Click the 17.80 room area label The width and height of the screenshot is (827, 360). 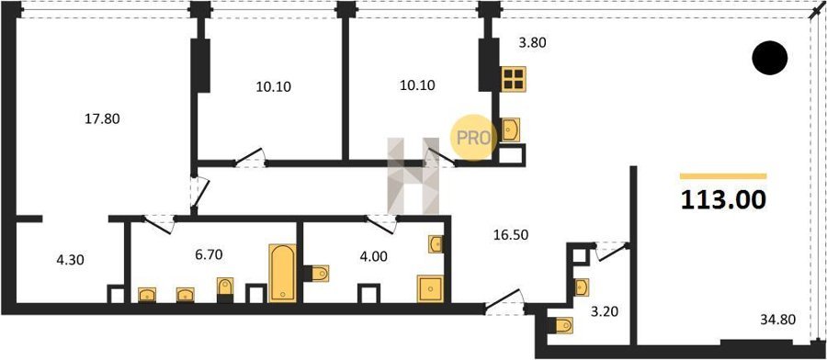(102, 119)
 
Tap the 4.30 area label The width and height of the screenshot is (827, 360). (70, 259)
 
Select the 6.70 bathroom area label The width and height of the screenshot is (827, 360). (208, 255)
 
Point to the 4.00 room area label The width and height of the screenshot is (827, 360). (373, 257)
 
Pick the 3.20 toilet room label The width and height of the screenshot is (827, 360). (604, 311)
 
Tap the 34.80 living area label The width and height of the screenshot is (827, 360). (778, 319)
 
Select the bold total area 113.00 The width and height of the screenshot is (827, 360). (723, 200)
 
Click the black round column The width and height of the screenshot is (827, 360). (769, 58)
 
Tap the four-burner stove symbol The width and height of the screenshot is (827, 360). (513, 79)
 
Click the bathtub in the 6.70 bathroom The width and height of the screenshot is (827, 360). (283, 273)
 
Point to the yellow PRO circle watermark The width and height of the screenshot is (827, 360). (473, 138)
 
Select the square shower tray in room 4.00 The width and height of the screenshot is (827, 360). (430, 288)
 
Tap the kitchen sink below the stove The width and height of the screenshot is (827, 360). (511, 129)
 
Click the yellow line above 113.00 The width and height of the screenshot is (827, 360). (723, 176)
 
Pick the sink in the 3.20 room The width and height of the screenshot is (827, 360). (582, 287)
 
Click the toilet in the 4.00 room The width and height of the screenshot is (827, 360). (316, 274)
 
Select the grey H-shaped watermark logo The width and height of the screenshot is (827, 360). (413, 175)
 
